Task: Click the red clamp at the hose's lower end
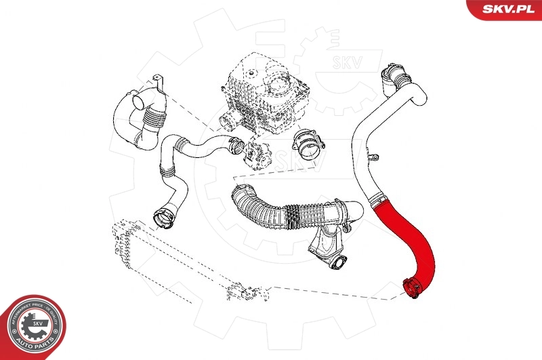click(x=411, y=287)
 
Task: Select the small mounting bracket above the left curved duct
click(x=160, y=85)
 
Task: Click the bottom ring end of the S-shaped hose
click(x=163, y=218)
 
